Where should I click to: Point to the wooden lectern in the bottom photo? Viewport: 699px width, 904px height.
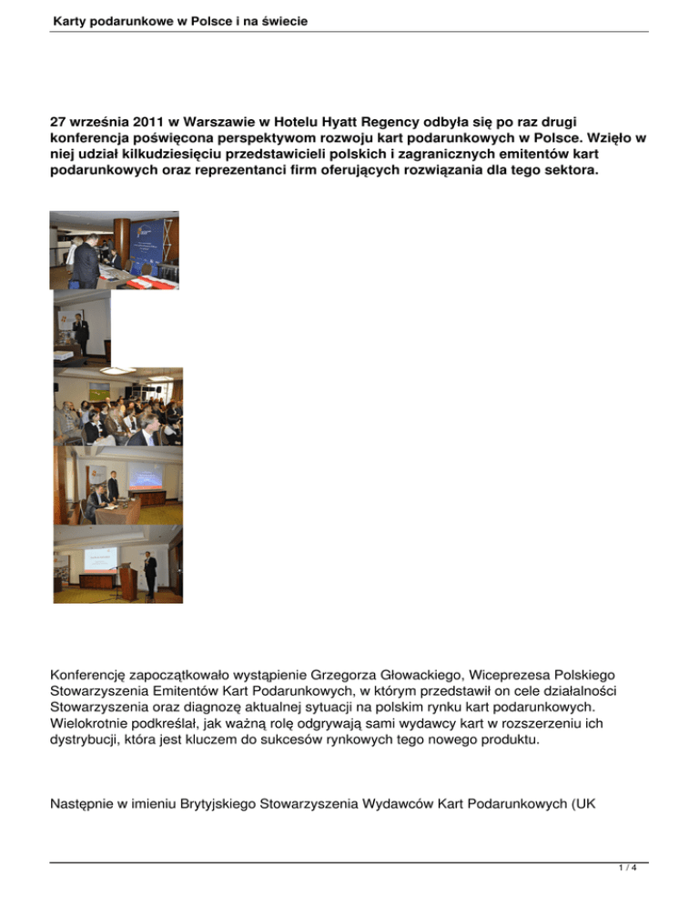pos(130,581)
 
